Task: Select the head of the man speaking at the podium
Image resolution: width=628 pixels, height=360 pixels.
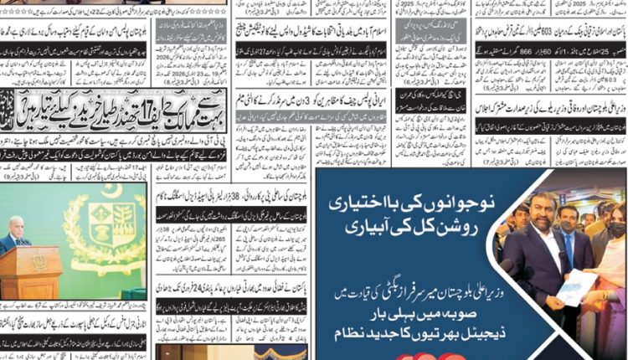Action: click(14, 229)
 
